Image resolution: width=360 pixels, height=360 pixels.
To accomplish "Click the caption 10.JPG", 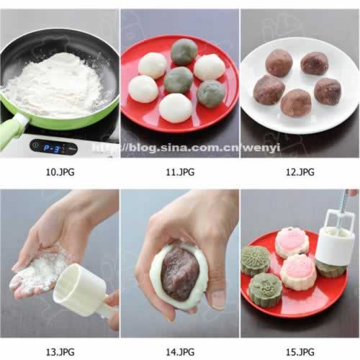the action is [x=60, y=172].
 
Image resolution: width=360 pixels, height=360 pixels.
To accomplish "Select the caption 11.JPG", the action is [x=180, y=172].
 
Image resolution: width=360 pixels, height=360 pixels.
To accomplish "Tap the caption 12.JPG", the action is [x=300, y=172].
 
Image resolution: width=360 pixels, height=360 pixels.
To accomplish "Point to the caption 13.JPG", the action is [x=60, y=352].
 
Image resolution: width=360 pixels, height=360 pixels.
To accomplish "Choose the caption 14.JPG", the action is [x=180, y=352].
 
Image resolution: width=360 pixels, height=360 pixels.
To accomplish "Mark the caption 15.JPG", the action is [x=300, y=352].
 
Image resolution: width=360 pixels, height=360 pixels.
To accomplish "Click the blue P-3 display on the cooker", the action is [x=52, y=148].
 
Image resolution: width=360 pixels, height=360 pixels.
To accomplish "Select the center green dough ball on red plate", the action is [x=178, y=80].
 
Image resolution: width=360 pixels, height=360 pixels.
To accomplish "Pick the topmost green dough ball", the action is [x=184, y=52].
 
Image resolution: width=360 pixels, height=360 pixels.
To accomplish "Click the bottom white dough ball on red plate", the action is [x=176, y=108].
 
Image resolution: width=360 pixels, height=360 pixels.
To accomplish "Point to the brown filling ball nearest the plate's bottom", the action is [x=296, y=103].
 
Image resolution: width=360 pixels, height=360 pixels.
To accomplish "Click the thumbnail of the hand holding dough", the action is [x=180, y=264].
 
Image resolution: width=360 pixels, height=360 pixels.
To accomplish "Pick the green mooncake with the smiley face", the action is [x=266, y=290].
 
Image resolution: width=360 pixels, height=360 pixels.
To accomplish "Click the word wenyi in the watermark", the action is [x=261, y=147].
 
